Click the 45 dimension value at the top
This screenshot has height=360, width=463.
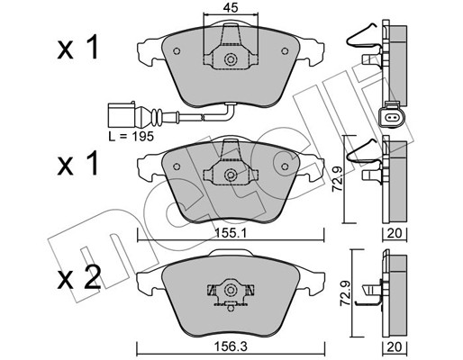click(231, 8)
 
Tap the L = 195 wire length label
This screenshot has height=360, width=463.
click(132, 137)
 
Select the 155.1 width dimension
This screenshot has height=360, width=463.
click(231, 233)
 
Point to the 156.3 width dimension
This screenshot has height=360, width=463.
click(231, 346)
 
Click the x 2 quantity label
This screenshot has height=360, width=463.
click(78, 278)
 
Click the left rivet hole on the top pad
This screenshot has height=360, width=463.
click(177, 51)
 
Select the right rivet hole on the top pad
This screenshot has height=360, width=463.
click(285, 51)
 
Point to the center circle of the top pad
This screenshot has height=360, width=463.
click(231, 59)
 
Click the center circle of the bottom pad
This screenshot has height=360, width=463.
click(231, 290)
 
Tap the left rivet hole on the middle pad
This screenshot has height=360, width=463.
click(177, 166)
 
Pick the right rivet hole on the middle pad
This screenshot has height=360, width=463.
click(285, 166)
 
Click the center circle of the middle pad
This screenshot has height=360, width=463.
click(231, 175)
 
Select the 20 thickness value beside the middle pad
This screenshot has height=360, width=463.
click(395, 233)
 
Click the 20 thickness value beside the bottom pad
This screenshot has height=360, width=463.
click(395, 346)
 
